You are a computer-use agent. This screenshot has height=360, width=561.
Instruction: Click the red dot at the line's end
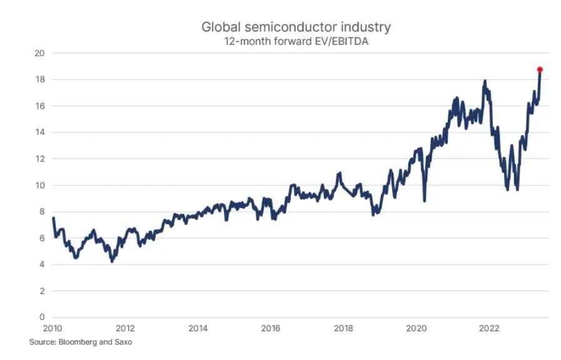pyautogui.click(x=540, y=70)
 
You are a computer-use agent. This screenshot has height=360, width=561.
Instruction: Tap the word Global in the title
pyautogui.click(x=221, y=27)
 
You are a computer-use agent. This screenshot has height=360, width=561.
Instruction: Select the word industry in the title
pyautogui.click(x=366, y=27)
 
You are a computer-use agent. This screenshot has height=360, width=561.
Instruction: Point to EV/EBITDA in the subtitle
pyautogui.click(x=340, y=41)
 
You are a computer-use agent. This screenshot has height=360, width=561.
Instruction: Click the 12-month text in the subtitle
pyautogui.click(x=248, y=41)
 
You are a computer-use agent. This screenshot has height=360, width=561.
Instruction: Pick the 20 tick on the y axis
pyautogui.click(x=39, y=53)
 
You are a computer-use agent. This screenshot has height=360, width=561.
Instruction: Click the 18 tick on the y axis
pyautogui.click(x=39, y=79)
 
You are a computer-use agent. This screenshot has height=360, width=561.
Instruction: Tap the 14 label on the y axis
pyautogui.click(x=39, y=132)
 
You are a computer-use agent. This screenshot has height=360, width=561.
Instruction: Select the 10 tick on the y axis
pyautogui.click(x=39, y=185)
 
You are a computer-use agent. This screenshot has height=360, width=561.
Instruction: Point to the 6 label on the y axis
pyautogui.click(x=43, y=238)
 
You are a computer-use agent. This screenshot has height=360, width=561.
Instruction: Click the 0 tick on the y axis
pyautogui.click(x=43, y=317)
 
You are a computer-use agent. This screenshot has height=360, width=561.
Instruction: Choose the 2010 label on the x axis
pyautogui.click(x=53, y=328)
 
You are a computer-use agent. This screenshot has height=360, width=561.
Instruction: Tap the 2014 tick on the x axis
pyautogui.click(x=198, y=328)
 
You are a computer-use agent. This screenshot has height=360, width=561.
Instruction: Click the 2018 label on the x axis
pyautogui.click(x=343, y=328)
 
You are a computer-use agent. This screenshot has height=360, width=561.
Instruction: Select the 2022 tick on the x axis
pyautogui.click(x=488, y=328)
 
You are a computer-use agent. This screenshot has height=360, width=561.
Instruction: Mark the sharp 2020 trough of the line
pyautogui.click(x=424, y=201)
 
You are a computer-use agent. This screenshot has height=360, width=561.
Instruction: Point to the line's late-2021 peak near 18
pyautogui.click(x=485, y=81)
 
